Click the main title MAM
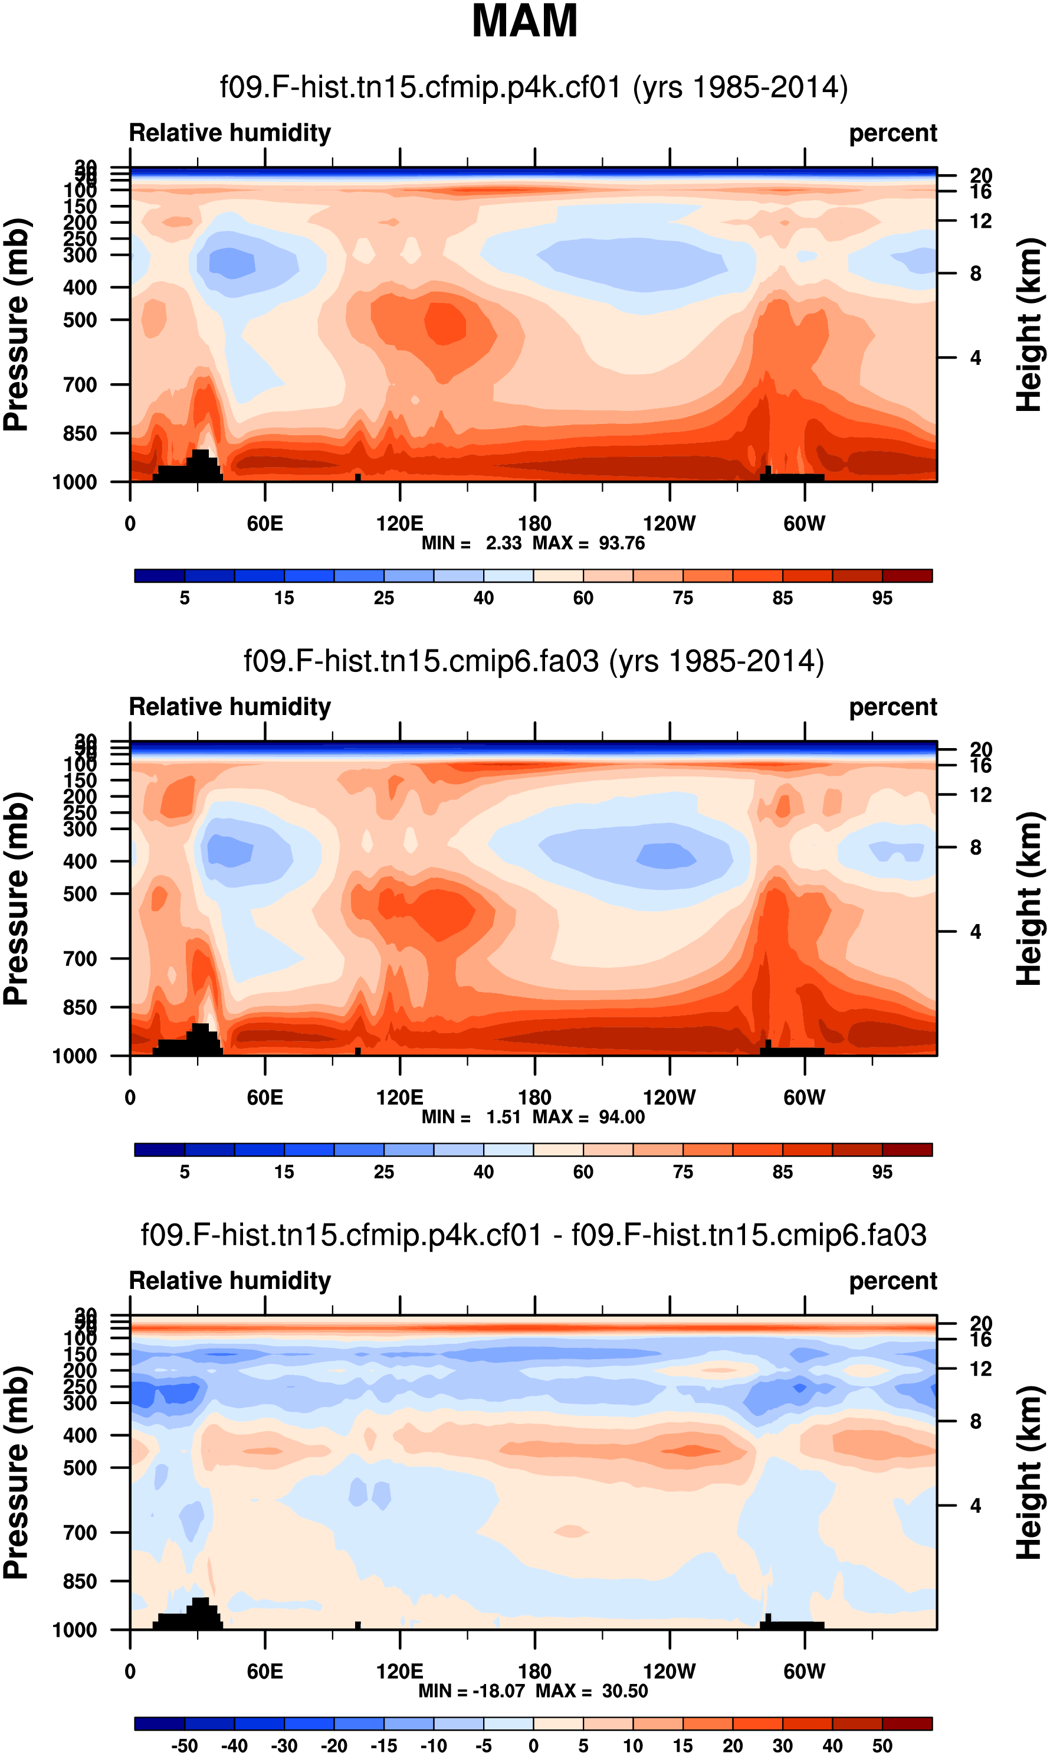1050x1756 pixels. (524, 21)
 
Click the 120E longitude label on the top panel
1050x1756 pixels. (400, 524)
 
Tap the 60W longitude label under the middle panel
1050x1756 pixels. (804, 1098)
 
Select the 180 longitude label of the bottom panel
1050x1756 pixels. (534, 1671)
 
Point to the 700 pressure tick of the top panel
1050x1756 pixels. (80, 385)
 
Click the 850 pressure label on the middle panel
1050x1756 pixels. (80, 1007)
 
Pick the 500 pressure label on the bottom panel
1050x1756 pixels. (80, 1468)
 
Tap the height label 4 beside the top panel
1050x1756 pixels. (976, 358)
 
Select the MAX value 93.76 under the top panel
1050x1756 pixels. (621, 543)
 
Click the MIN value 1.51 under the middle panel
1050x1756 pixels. (503, 1117)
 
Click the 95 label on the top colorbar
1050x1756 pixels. (882, 598)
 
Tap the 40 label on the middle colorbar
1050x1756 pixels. (483, 1172)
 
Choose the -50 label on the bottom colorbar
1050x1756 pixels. (184, 1745)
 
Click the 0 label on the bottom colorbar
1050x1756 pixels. (533, 1745)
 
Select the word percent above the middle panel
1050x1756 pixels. (893, 707)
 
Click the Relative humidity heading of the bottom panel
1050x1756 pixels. (230, 1281)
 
